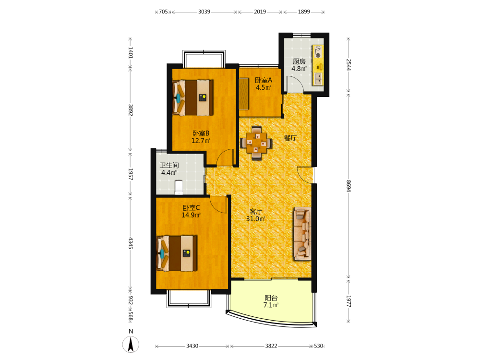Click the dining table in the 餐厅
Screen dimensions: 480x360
pos(256,143)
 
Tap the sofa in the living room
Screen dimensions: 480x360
pos(302,234)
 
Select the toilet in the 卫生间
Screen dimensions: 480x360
pos(179,187)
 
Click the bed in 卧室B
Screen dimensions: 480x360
pos(193,97)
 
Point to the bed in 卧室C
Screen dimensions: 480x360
pos(177,253)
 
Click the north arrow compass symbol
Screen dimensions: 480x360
pos(131,344)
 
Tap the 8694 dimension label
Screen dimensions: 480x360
pos(348,186)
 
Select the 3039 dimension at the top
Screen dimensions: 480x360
pos(204,12)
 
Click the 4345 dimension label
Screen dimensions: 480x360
pos(131,243)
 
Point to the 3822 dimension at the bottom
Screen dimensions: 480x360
pos(271,346)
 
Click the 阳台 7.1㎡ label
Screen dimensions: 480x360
pos(271,301)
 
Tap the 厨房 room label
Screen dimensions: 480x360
pos(299,61)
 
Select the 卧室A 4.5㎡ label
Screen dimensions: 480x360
pos(264,84)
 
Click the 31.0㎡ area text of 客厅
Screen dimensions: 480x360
pos(256,219)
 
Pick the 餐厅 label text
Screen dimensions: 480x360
pos(290,138)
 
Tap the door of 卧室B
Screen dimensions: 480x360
pos(225,157)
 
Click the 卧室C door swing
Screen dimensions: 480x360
pos(218,204)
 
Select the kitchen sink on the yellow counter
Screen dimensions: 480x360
pos(318,79)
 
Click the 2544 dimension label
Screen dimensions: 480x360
pos(348,65)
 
